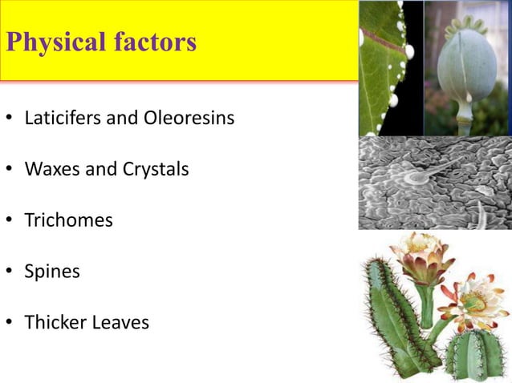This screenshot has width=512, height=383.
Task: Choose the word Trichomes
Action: pos(68,220)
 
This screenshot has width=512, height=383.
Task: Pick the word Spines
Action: pos(52,272)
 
